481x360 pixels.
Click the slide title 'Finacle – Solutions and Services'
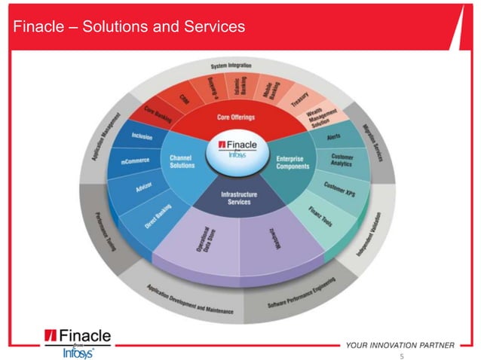128,27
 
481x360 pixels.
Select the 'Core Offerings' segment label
236,117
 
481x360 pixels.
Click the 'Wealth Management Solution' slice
326,116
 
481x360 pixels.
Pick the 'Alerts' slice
335,137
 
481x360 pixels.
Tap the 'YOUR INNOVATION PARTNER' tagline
400,345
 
